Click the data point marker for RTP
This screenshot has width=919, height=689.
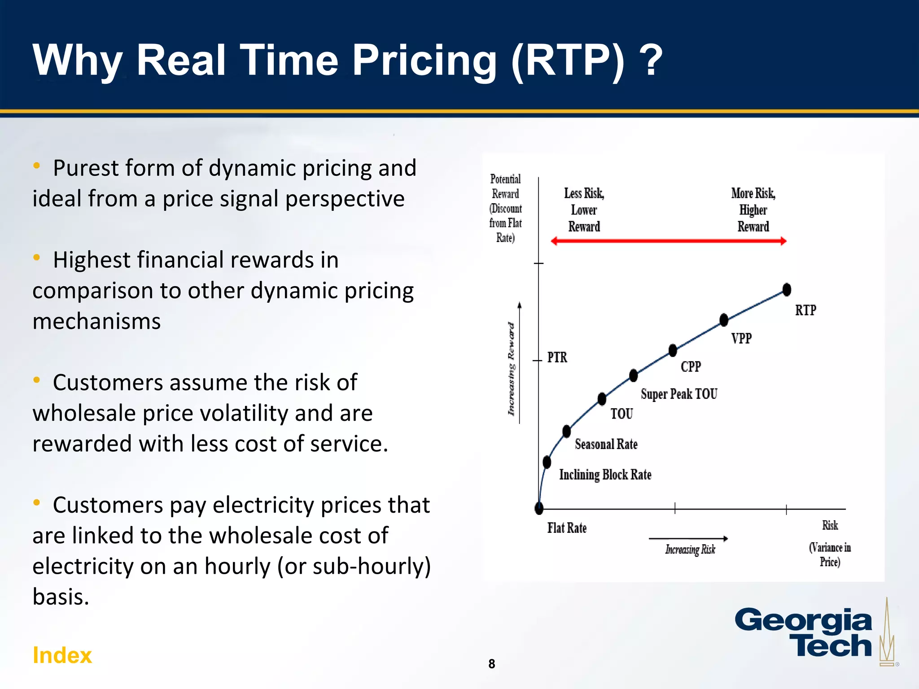[787, 290]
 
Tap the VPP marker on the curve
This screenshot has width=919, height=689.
[724, 320]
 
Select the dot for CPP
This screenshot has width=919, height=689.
[673, 350]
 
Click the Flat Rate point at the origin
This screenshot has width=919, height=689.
[539, 508]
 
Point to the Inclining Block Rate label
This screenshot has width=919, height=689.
[605, 475]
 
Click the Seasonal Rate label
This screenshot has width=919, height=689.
[606, 444]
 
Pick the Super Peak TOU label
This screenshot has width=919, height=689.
[679, 394]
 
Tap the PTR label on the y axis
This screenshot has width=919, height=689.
[557, 358]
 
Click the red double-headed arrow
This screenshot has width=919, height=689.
[669, 241]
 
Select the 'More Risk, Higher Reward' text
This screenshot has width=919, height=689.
[753, 210]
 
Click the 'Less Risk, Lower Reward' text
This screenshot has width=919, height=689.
[584, 210]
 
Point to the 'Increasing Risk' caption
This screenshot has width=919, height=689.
[690, 549]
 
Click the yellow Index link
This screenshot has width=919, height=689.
[62, 655]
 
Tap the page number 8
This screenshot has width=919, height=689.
[491, 664]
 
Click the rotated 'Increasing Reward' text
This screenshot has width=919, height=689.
[512, 369]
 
